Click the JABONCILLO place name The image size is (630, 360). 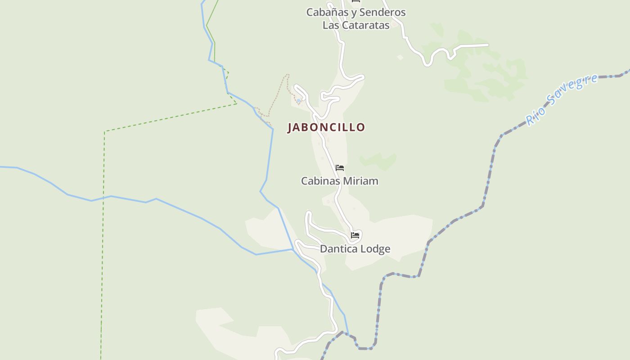pyautogui.click(x=326, y=127)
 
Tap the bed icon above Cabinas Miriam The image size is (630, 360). pyautogui.click(x=340, y=168)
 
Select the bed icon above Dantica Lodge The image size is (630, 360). pyautogui.click(x=355, y=235)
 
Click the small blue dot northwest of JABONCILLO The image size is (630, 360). pyautogui.click(x=298, y=101)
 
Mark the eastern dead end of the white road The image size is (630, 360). pyautogui.click(x=488, y=45)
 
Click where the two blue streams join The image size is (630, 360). pyautogui.click(x=293, y=249)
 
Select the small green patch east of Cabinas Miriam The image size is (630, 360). pyautogui.click(x=379, y=161)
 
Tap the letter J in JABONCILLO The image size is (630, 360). pyautogui.click(x=290, y=127)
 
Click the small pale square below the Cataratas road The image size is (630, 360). pyautogui.click(x=400, y=57)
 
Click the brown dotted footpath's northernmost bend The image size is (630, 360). pyautogui.click(x=287, y=75)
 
